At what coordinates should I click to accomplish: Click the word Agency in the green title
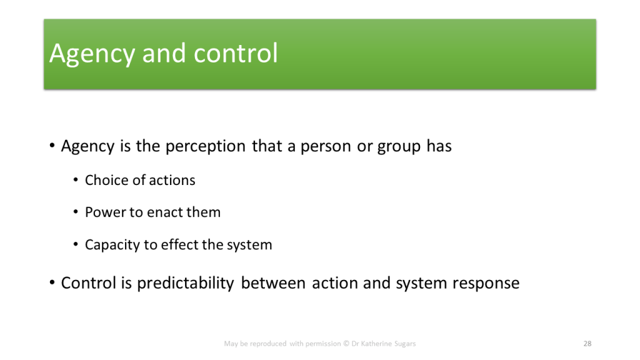[x=92, y=54]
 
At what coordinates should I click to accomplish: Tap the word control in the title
[x=236, y=52]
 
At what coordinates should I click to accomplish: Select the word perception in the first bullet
[x=205, y=146]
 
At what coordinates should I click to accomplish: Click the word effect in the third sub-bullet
[x=179, y=244]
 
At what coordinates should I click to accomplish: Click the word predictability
[x=185, y=284]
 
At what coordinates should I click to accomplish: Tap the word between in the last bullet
[x=273, y=283]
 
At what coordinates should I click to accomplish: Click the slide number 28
[x=587, y=344]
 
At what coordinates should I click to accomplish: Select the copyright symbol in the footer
[x=346, y=344]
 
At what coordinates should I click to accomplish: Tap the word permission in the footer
[x=323, y=344]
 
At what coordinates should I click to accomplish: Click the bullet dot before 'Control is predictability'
[x=52, y=282]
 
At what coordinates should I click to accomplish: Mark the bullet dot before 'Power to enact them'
[x=76, y=212]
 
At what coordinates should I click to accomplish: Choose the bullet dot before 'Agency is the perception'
[x=52, y=145]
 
